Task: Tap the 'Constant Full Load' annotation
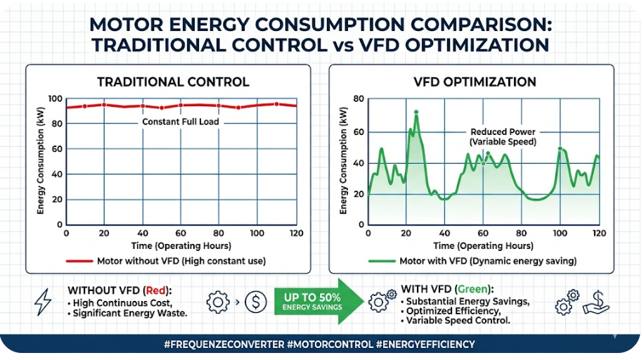[181, 122]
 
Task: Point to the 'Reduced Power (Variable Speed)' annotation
[503, 136]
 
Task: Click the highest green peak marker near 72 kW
[416, 112]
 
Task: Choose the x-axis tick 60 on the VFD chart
[482, 233]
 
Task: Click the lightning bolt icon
[43, 302]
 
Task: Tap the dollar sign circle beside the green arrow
[255, 302]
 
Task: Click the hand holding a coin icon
[596, 302]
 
